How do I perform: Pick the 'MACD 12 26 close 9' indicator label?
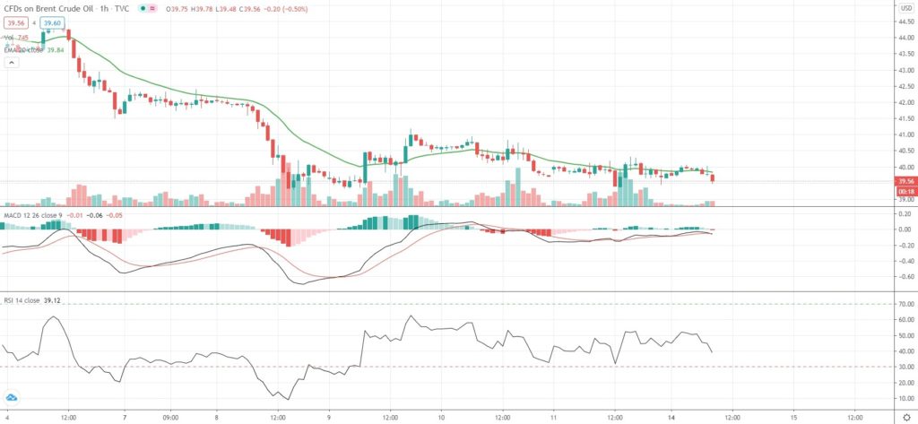30,215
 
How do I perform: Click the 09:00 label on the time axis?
171,417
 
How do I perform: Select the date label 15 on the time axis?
794,417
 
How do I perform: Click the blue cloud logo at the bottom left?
13,398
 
